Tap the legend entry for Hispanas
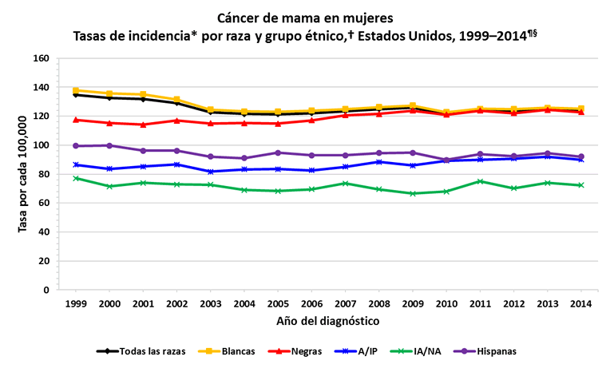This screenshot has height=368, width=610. [x=489, y=350]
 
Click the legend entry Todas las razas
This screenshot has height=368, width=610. [x=141, y=350]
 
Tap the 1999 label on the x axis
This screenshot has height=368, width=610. [x=76, y=304]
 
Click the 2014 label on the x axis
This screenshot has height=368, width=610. [x=581, y=304]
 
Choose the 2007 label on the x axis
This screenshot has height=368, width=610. [x=345, y=304]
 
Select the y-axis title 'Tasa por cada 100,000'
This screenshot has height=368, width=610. [x=23, y=173]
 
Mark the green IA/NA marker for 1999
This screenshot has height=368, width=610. [x=76, y=178]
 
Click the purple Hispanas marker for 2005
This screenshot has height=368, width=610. [x=278, y=152]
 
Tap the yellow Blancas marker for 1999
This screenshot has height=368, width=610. [x=76, y=90]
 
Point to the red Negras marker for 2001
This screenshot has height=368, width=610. [x=143, y=125]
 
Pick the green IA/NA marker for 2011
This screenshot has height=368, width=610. [x=480, y=181]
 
